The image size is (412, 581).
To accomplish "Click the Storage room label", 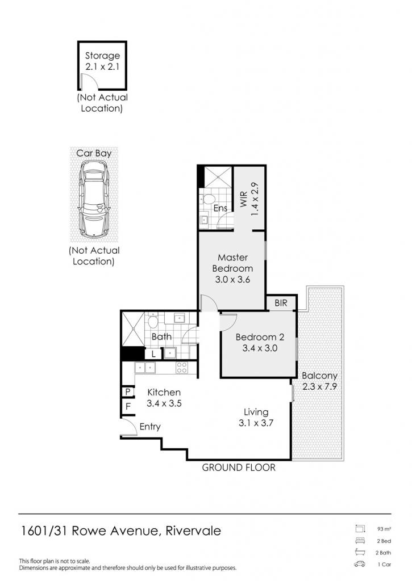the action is [x=102, y=56].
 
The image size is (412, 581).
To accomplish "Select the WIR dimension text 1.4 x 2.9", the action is [x=255, y=199].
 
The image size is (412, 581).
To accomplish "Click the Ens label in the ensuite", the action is [x=220, y=208].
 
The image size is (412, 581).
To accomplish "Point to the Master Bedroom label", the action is [x=233, y=263].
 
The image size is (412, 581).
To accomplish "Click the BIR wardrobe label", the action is [x=281, y=303].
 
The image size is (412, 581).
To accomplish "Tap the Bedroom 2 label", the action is [x=260, y=337].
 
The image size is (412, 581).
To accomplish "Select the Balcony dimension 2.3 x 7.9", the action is [x=319, y=386].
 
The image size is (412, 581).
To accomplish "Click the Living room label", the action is [x=256, y=412].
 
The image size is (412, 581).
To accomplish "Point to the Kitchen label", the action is [x=164, y=392].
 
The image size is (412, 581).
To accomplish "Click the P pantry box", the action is [x=128, y=391].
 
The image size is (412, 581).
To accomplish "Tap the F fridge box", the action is [x=128, y=406].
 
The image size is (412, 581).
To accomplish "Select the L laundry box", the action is [x=153, y=354].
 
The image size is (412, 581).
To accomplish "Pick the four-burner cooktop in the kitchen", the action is [x=181, y=367].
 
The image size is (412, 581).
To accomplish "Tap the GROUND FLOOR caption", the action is [x=239, y=468].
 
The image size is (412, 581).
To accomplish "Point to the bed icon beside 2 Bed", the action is [x=360, y=540].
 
